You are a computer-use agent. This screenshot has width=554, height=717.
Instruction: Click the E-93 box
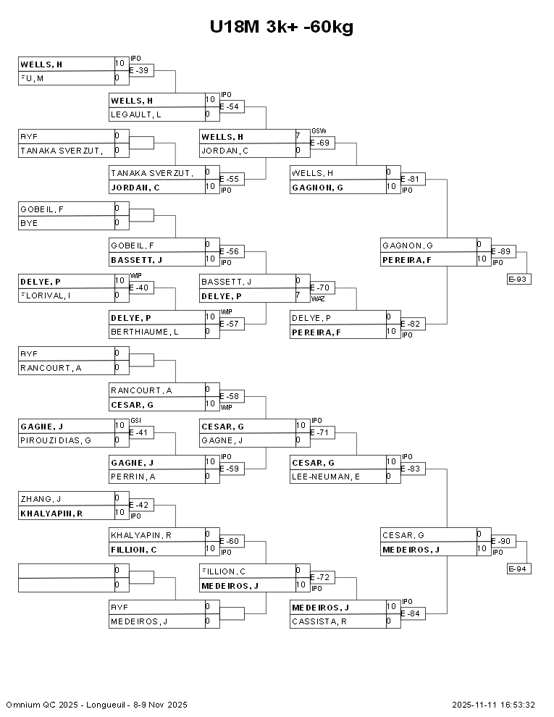point(519,279)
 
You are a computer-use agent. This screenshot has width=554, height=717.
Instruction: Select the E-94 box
point(519,569)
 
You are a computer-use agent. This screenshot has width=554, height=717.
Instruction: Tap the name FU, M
point(32,78)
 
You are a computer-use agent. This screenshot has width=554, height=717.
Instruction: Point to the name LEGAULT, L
point(136,114)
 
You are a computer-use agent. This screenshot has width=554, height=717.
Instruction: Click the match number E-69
point(322,143)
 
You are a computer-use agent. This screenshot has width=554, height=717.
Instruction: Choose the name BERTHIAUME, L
point(145,332)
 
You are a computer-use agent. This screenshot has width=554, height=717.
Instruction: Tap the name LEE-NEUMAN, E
point(326,477)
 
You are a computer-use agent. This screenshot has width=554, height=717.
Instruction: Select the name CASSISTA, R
point(319,621)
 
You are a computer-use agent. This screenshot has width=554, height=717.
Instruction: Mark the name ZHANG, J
point(41,498)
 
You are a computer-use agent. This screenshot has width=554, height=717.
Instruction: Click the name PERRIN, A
point(133,477)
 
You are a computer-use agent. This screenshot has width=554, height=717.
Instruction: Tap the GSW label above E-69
point(319,131)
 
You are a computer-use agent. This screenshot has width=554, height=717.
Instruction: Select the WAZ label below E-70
point(318,298)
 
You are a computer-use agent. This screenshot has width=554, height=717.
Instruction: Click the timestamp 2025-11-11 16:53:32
point(493,705)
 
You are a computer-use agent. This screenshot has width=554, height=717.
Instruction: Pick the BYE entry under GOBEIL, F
point(29,223)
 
